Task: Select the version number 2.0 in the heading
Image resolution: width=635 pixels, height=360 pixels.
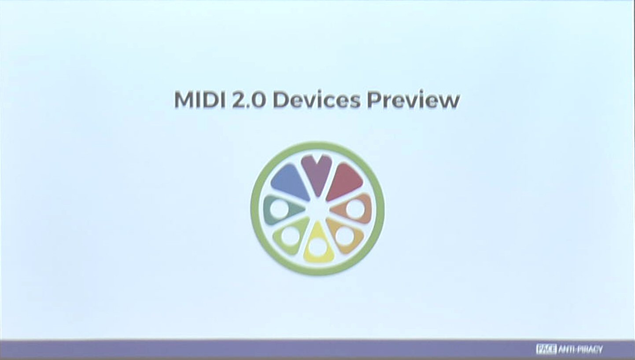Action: point(249,99)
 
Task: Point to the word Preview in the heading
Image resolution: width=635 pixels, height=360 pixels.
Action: point(413,100)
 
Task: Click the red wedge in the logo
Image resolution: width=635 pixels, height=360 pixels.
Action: point(345,181)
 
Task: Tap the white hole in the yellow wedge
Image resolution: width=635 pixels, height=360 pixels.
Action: point(317,246)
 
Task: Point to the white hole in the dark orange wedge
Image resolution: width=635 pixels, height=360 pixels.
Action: point(355,209)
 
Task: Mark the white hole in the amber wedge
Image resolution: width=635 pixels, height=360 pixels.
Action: point(345,236)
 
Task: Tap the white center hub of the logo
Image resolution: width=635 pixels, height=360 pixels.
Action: point(317,208)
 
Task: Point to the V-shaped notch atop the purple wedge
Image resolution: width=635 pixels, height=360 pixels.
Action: point(317,160)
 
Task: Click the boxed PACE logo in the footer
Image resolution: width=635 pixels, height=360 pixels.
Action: point(546,349)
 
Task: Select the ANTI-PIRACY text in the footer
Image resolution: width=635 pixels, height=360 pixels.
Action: point(580,349)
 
